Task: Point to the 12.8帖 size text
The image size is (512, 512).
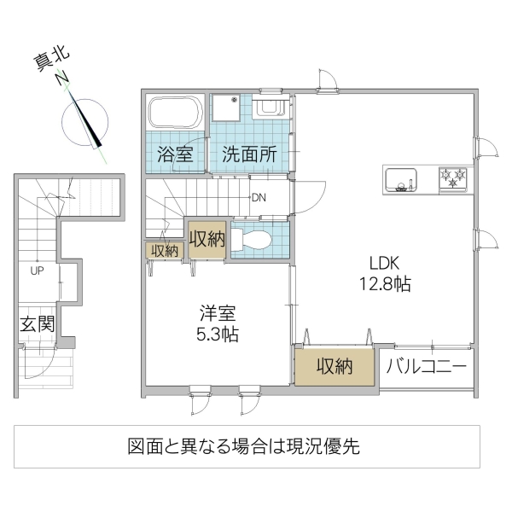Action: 384,284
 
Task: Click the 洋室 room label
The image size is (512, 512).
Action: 213,312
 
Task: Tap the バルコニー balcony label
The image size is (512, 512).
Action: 426,367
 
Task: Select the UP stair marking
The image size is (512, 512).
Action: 37,272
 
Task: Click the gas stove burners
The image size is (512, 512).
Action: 452,178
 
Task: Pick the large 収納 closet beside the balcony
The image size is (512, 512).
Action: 335,367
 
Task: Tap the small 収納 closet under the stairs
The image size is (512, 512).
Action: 164,250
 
